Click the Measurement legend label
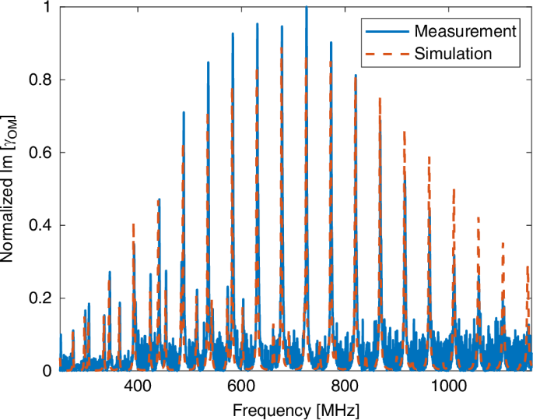(465, 31)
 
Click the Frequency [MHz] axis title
(293, 408)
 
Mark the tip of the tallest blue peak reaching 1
(307, 7)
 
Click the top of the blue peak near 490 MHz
(184, 112)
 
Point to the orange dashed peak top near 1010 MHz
(454, 189)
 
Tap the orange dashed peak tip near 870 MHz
(380, 98)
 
